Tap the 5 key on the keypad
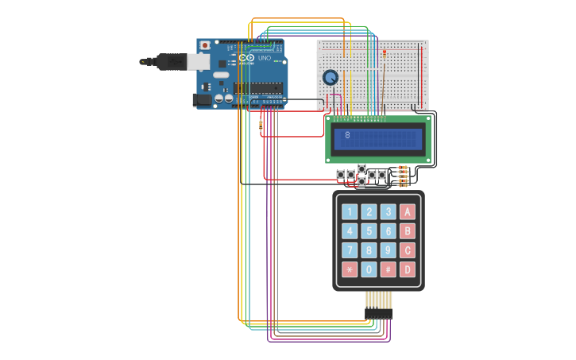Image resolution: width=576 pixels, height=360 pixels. click(x=369, y=231)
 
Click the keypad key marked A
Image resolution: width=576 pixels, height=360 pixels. click(x=408, y=212)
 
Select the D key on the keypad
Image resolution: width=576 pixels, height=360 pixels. click(x=408, y=269)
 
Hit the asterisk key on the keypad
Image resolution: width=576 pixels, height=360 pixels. click(x=350, y=269)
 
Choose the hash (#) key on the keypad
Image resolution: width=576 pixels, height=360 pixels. click(x=388, y=269)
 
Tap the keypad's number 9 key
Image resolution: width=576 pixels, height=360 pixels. click(x=388, y=250)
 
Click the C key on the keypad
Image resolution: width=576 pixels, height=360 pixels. click(x=408, y=250)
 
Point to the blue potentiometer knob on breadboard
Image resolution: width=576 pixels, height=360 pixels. click(x=331, y=77)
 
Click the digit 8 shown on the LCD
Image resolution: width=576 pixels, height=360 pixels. click(x=347, y=135)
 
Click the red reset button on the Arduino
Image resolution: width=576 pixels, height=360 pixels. click(x=205, y=45)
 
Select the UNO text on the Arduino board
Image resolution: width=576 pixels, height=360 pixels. click(x=265, y=58)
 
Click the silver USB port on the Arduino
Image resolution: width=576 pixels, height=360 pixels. click(x=199, y=62)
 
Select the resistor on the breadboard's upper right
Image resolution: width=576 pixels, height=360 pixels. click(x=385, y=54)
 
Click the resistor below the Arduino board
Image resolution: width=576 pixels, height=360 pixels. click(x=261, y=124)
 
